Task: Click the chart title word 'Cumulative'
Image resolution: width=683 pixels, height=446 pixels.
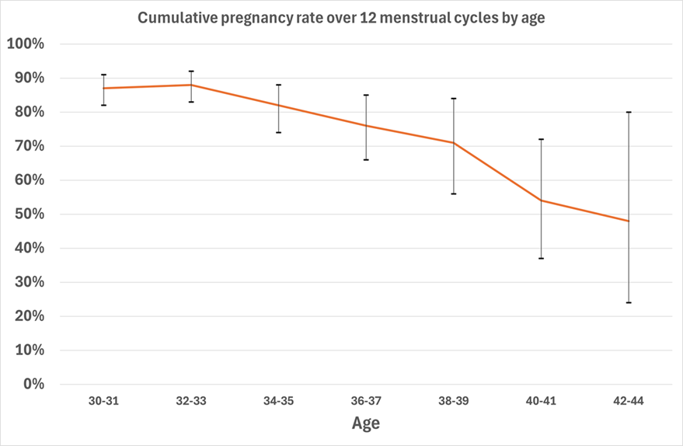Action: (x=174, y=19)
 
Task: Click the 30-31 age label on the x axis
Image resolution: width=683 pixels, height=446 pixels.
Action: (x=103, y=401)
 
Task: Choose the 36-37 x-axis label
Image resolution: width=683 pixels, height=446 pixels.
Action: (x=366, y=401)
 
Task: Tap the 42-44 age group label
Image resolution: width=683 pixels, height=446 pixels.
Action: (x=628, y=401)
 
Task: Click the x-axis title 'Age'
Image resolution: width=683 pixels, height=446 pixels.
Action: (x=365, y=423)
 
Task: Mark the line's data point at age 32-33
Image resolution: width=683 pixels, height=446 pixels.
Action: (x=191, y=85)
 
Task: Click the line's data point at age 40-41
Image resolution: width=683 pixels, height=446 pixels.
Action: (x=541, y=200)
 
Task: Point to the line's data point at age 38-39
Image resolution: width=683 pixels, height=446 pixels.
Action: (x=454, y=143)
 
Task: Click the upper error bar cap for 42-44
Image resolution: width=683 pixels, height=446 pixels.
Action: (x=629, y=112)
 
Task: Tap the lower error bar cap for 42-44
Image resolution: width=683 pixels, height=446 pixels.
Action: (x=629, y=302)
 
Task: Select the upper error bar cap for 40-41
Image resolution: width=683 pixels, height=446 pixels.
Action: (x=541, y=139)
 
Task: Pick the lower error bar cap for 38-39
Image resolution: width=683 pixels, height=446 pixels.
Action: (x=454, y=193)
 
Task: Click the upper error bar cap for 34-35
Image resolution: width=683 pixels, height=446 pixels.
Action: (x=278, y=85)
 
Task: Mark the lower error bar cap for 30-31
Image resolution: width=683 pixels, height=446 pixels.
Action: (x=103, y=105)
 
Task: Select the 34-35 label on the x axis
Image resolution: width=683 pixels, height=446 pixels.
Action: (x=278, y=401)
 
